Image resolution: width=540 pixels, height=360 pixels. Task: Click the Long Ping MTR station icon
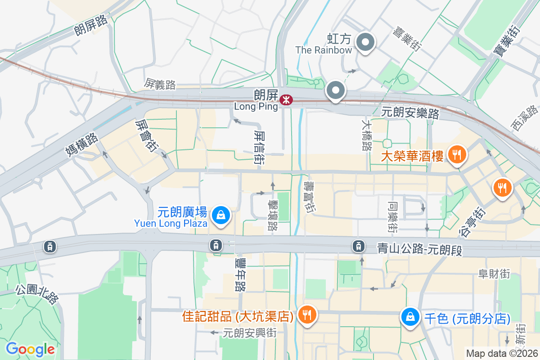285,100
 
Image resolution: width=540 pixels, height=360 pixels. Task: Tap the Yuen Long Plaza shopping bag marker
221,215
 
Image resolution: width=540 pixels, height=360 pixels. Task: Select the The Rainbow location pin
365,43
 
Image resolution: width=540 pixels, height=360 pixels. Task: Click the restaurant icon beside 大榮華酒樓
457,155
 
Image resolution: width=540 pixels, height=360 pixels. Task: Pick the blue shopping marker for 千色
410,317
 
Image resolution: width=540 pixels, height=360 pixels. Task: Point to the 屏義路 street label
160,84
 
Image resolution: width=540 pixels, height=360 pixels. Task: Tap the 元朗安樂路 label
410,113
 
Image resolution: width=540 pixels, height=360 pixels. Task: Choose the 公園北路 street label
37,293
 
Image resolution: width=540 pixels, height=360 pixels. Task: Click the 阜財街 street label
494,274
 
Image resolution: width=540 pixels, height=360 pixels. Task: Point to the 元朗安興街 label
249,333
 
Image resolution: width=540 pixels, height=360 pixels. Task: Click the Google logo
30,349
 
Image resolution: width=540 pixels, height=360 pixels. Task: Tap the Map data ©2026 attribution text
502,354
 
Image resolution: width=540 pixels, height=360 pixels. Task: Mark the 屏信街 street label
258,147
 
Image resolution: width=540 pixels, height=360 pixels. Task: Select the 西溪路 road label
525,118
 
